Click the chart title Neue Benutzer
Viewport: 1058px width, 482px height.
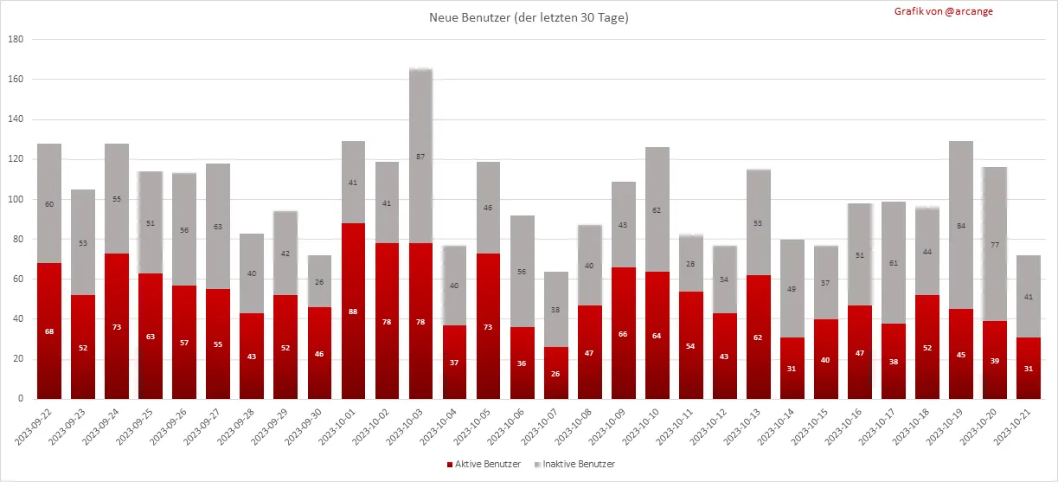tap(529, 17)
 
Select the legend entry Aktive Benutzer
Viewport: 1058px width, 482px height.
tap(484, 465)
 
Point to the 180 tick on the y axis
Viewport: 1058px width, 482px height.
tap(16, 39)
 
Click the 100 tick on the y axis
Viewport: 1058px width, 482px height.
tap(16, 199)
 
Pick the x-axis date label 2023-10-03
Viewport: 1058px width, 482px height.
tap(407, 429)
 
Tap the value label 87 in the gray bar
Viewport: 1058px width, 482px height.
tap(420, 157)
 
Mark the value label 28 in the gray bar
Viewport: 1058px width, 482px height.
tap(690, 264)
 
